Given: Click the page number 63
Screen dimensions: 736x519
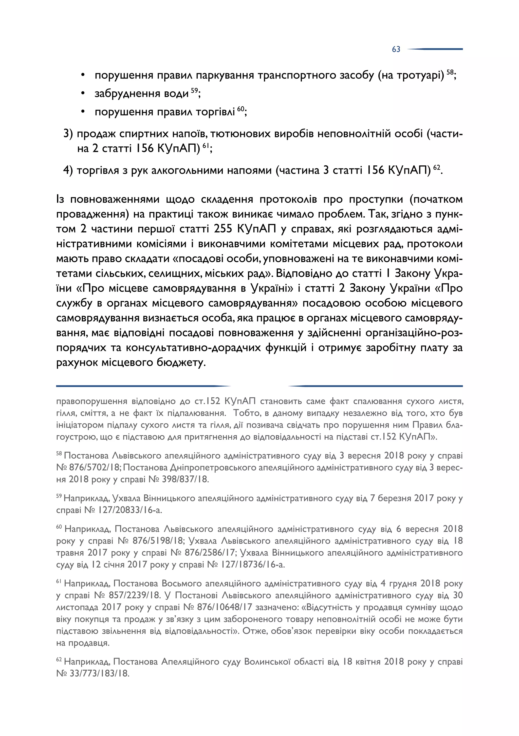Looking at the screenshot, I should pos(396,49).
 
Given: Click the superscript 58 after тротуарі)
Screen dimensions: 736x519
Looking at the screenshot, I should pos(450,72).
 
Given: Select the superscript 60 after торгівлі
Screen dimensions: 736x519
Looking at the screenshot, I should pos(240,109).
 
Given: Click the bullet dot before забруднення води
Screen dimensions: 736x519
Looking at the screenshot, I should pos(83,93).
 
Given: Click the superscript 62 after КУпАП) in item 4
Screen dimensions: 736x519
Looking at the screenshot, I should pos(437,167).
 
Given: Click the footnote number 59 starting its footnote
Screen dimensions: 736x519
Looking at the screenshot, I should pos(59,496).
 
